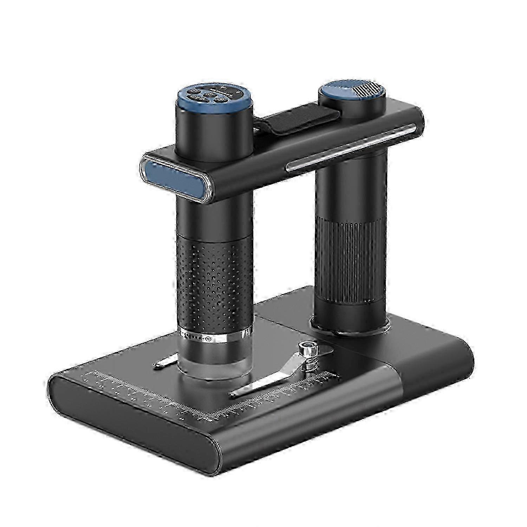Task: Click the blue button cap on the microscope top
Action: coord(213,96)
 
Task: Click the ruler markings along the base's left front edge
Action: coord(141,393)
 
